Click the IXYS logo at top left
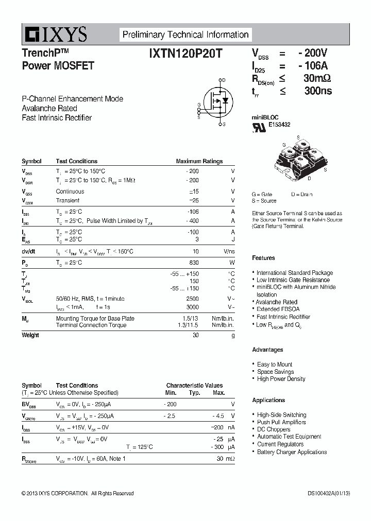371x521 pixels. click(x=55, y=35)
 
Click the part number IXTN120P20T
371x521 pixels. click(x=185, y=54)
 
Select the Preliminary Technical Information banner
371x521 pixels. click(x=185, y=35)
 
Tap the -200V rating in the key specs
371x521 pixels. click(x=312, y=53)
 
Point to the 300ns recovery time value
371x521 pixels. click(x=318, y=91)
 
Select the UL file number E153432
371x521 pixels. click(x=279, y=125)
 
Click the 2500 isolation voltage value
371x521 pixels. click(x=192, y=299)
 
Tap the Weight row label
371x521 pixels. click(x=30, y=335)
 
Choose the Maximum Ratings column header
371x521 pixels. click(x=199, y=161)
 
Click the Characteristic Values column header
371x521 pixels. click(x=194, y=385)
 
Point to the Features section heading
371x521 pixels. click(x=263, y=258)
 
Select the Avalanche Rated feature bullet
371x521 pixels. click(x=277, y=302)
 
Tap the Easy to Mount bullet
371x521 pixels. click(x=275, y=364)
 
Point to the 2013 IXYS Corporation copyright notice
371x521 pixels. click(x=77, y=493)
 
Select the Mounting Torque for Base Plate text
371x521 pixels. click(x=95, y=319)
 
